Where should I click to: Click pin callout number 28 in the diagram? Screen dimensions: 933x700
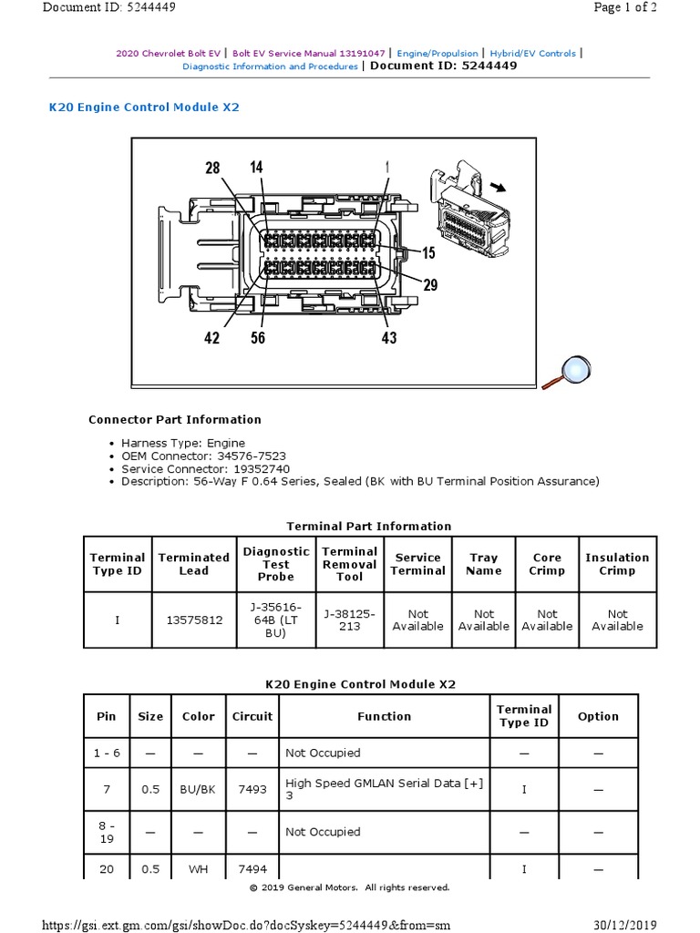[212, 168]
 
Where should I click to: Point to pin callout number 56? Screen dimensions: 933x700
[258, 337]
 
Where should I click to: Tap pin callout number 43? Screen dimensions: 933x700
[388, 337]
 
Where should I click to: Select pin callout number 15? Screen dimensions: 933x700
[428, 252]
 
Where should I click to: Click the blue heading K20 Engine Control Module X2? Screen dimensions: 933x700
[144, 107]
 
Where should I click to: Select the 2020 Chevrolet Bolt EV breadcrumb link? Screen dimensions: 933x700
[170, 54]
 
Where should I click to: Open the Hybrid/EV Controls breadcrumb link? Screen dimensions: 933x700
[533, 54]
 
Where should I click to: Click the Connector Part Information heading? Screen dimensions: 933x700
[174, 420]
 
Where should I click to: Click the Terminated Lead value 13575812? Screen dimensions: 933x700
[193, 620]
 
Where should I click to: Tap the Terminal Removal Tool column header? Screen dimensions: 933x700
[349, 564]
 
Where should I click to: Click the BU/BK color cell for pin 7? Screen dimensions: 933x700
[198, 790]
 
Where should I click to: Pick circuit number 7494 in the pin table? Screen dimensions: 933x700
[252, 869]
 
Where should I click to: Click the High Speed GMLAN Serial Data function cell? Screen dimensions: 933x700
[383, 790]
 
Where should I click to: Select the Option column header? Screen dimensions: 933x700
[598, 716]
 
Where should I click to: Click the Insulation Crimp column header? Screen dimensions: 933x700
[617, 564]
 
